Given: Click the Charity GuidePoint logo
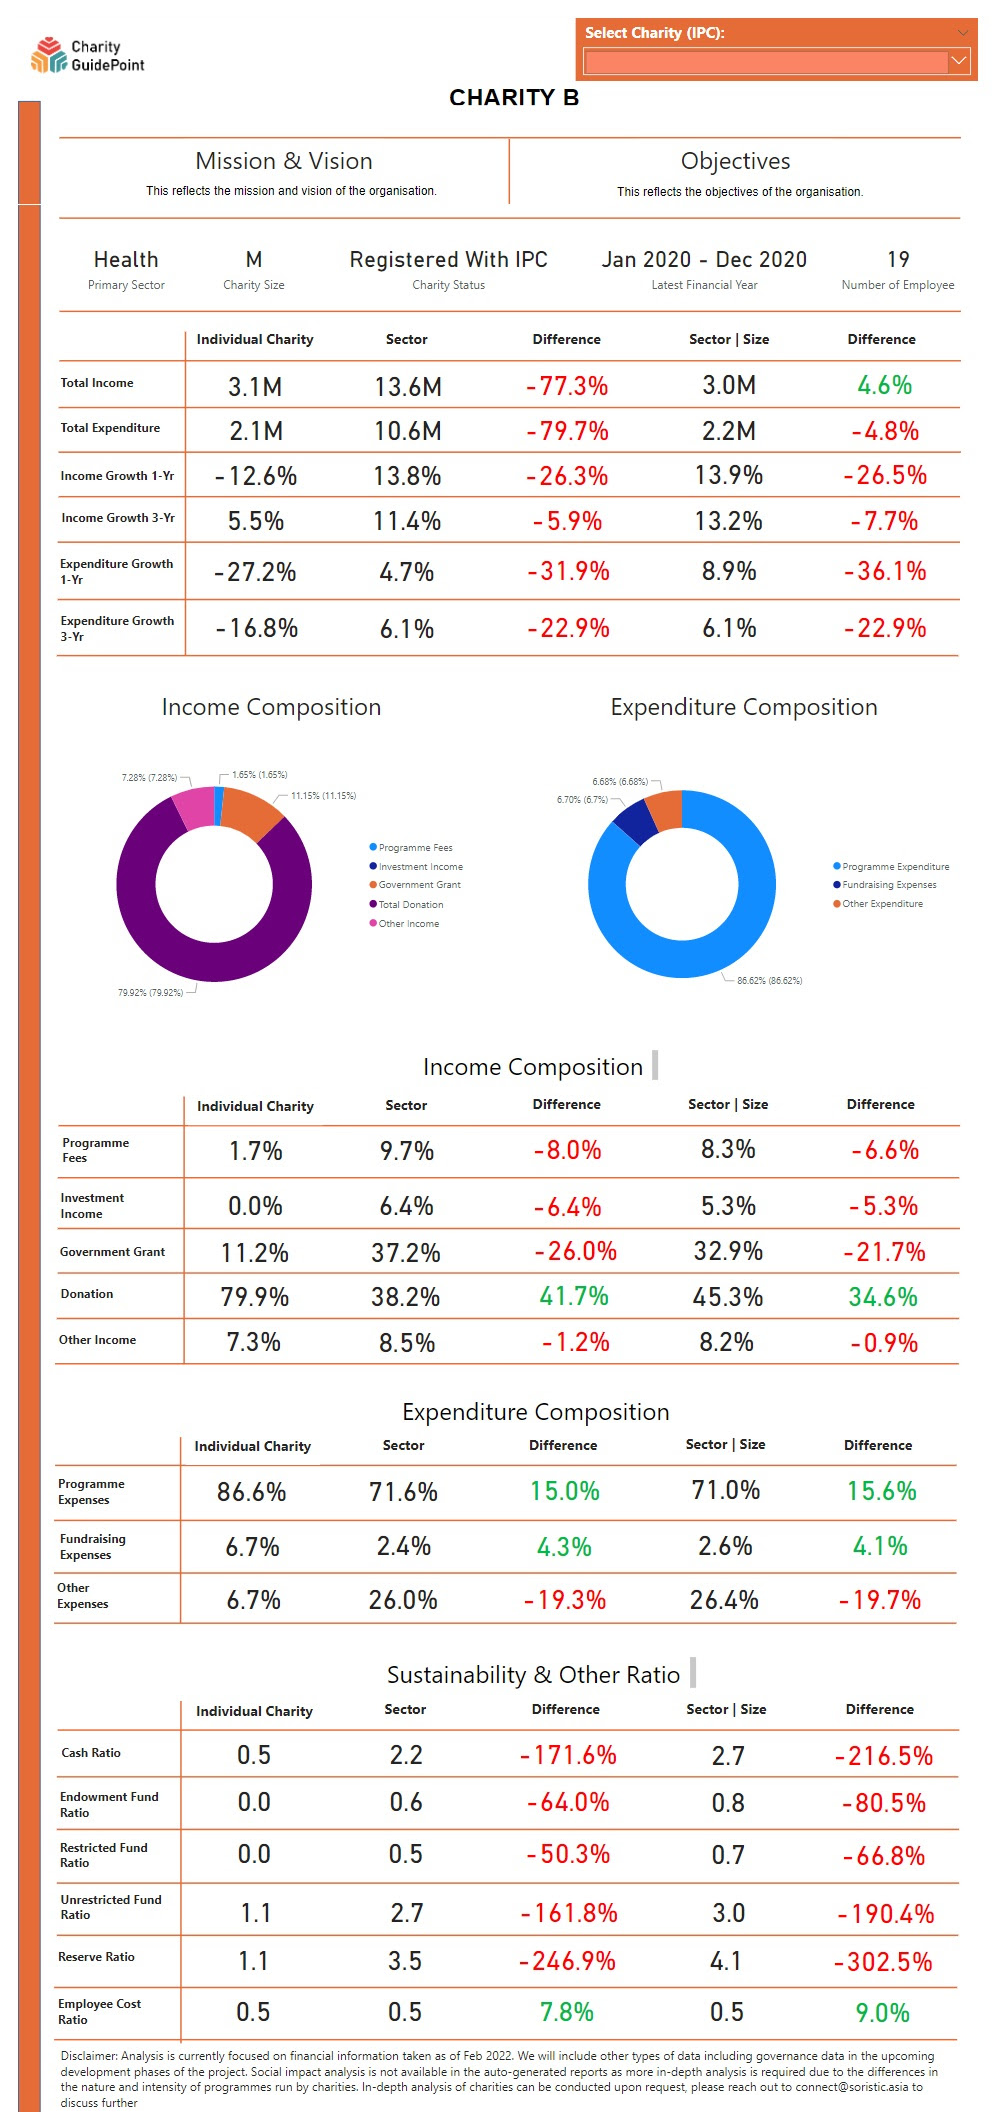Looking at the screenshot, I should [87, 56].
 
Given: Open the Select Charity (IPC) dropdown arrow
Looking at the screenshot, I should [958, 61].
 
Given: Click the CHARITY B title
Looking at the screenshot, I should [514, 97].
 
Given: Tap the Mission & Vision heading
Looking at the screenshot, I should [284, 161].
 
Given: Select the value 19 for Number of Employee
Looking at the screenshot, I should [898, 260].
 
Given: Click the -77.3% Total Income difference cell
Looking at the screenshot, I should [567, 386].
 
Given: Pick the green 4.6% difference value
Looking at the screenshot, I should [884, 385].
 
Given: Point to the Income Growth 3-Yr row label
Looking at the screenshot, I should [118, 518].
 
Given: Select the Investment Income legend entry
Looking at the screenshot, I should [420, 867].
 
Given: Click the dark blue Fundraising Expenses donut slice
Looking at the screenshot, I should [634, 821].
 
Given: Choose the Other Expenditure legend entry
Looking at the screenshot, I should [882, 904].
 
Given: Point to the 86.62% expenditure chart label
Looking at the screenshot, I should [769, 981].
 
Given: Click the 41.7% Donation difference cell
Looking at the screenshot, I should [574, 1297].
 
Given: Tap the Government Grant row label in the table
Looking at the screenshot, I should [112, 1252].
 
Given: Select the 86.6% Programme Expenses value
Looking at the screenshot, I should [252, 1492].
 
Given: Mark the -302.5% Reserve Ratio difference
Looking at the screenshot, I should [883, 1962].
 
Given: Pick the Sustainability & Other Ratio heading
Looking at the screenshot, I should [533, 1675].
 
